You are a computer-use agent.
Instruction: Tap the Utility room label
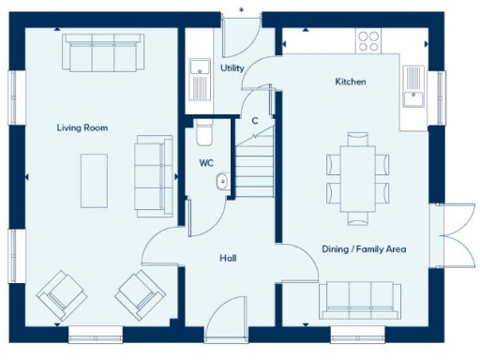232,68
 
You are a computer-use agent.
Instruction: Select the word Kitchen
351,82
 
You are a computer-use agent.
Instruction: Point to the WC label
206,163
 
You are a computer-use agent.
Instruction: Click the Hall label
228,258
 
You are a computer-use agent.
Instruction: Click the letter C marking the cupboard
254,119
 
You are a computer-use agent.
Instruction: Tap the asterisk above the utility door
242,10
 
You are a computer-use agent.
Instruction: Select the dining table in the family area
356,178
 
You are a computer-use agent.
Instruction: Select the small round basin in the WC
222,182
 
